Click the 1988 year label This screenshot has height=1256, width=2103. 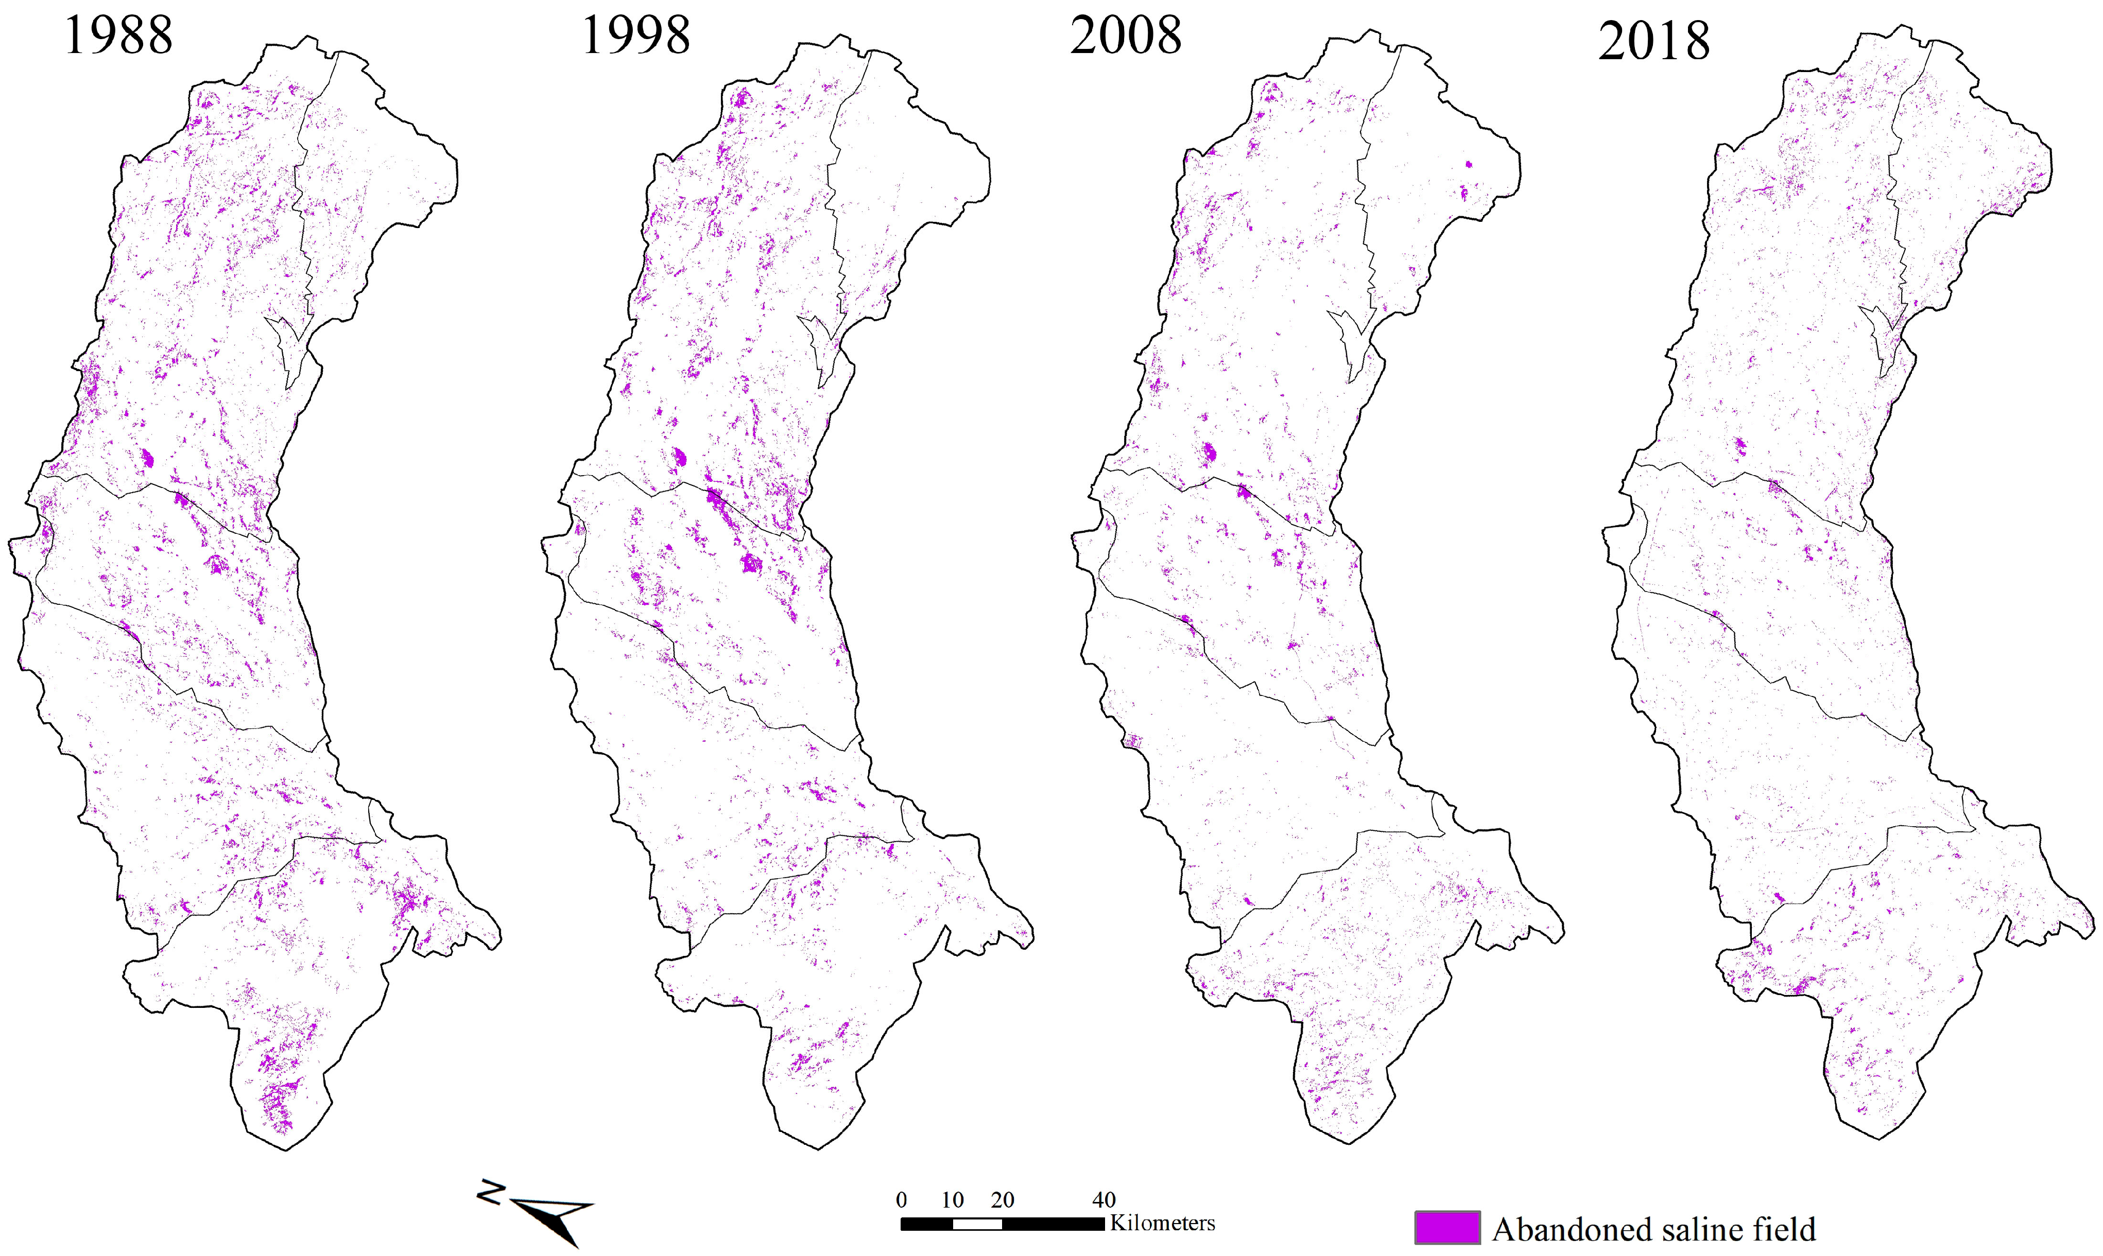[118, 37]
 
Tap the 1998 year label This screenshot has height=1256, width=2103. [636, 37]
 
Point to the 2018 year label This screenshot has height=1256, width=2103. [1653, 42]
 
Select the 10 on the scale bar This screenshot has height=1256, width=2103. [953, 1200]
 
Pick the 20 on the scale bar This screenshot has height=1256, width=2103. [1003, 1200]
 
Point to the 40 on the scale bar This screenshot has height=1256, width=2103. [1103, 1200]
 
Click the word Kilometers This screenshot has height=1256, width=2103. [1162, 1223]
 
